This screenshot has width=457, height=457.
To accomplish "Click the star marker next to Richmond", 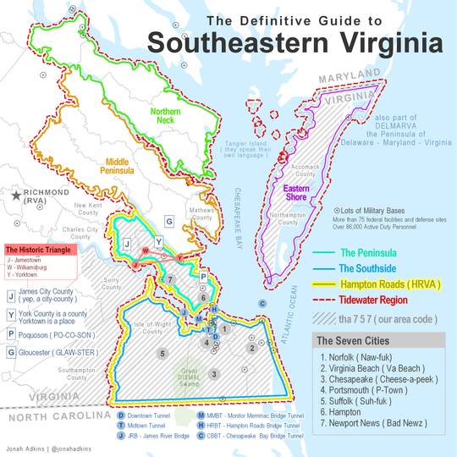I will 15,195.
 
